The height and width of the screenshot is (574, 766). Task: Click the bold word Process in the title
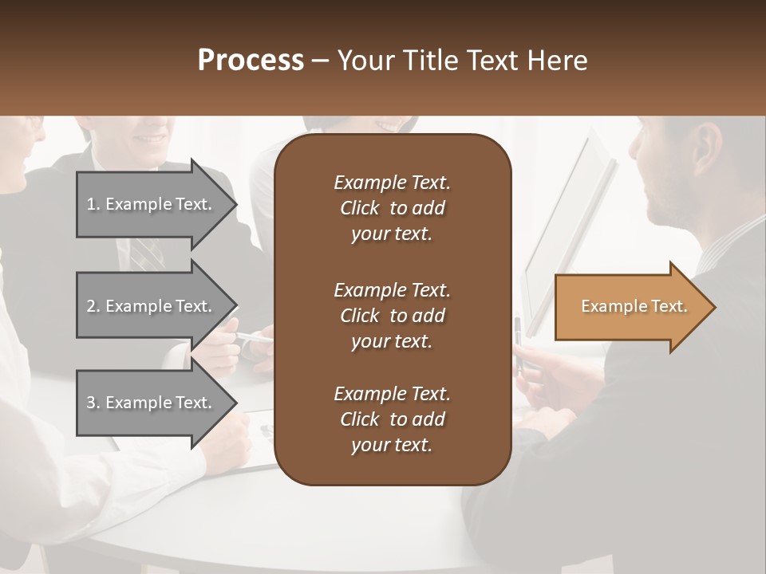pos(251,61)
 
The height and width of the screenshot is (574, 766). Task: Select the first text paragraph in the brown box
pos(392,208)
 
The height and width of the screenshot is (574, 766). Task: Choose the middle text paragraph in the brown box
pos(392,315)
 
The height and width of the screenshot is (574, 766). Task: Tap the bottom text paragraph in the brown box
pos(392,419)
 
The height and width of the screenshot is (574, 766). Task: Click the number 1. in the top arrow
pos(93,204)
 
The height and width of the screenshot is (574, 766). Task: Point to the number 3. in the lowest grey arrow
pos(93,403)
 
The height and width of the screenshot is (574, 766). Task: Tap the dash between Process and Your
pos(320,61)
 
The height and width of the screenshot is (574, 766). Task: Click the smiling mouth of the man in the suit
pos(150,138)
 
